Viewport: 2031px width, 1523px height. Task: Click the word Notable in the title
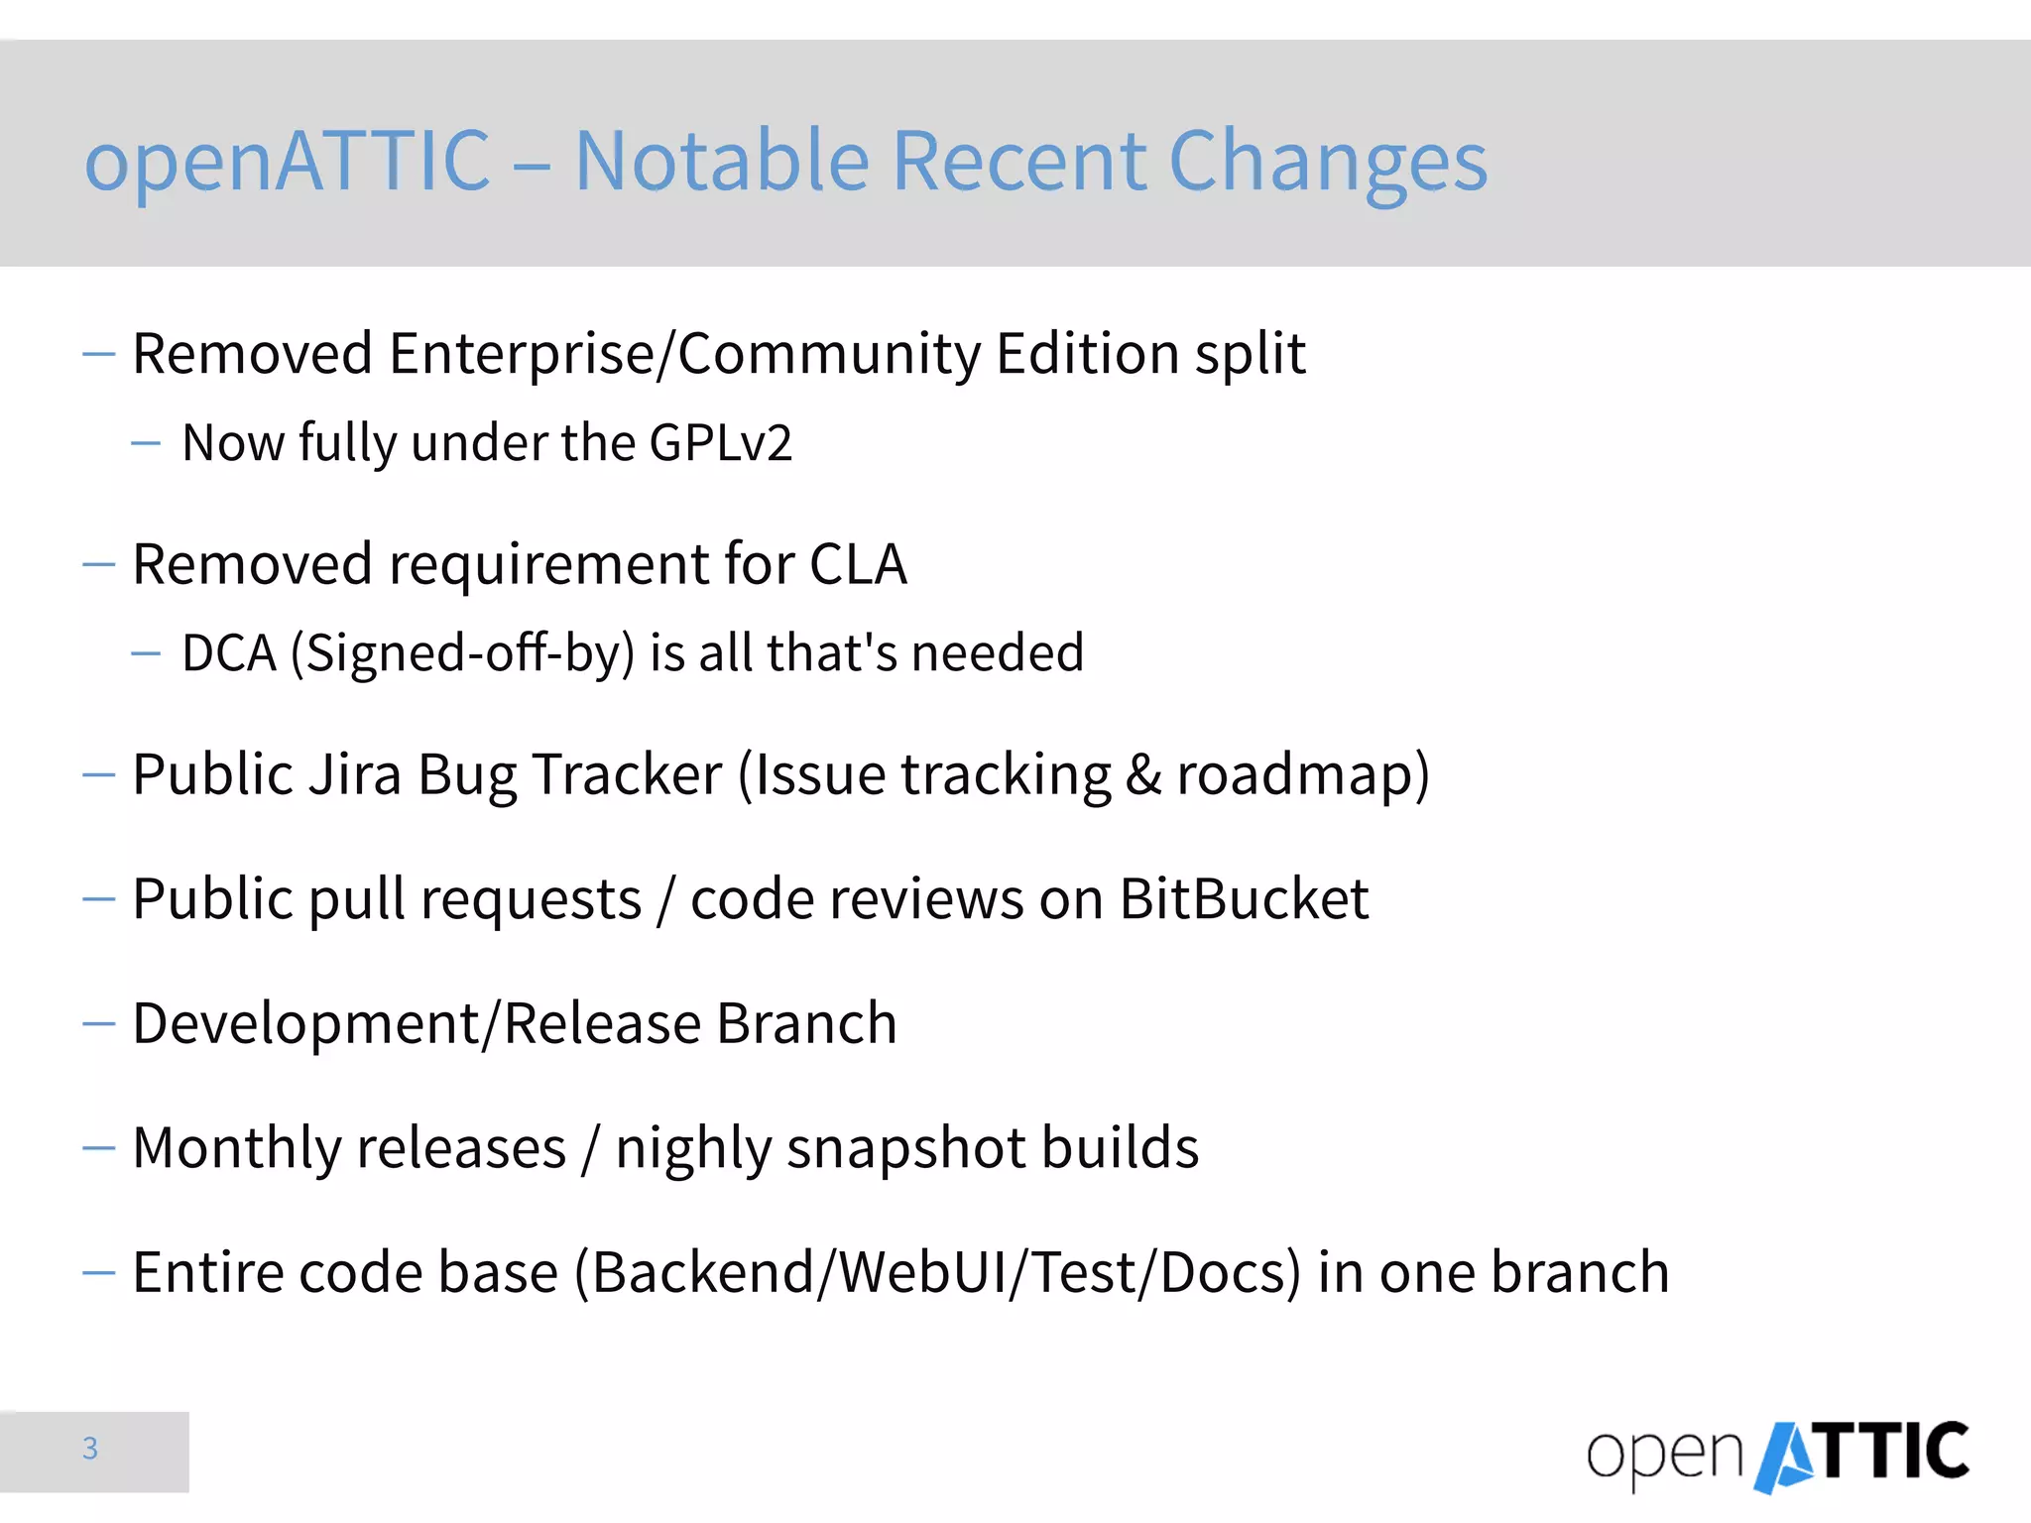tap(721, 161)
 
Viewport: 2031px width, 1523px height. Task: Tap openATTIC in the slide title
tap(288, 161)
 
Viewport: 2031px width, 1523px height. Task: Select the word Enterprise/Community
tap(684, 354)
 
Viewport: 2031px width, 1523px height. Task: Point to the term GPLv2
tap(720, 442)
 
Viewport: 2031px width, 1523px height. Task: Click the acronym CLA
tap(858, 564)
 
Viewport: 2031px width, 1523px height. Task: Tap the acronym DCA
tap(229, 653)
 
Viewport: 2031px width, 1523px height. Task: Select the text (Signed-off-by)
tap(462, 654)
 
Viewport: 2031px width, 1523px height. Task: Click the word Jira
tap(355, 774)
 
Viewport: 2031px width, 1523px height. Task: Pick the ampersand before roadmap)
tap(1142, 775)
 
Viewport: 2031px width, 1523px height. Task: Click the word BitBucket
tap(1244, 899)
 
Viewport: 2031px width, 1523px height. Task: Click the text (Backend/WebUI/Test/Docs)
tap(937, 1273)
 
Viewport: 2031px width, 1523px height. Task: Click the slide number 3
tap(90, 1449)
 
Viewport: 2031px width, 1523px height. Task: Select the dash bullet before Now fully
tap(146, 443)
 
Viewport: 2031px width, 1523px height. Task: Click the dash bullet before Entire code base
tap(99, 1272)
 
